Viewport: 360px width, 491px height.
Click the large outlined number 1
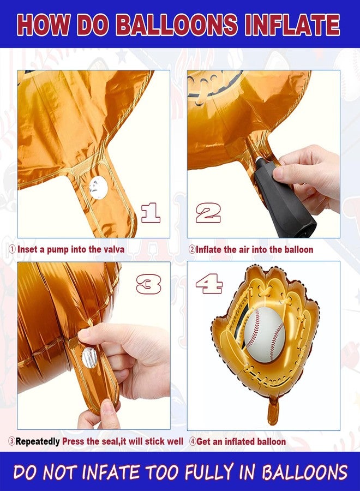pyautogui.click(x=151, y=213)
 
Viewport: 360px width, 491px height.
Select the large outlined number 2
pyautogui.click(x=208, y=213)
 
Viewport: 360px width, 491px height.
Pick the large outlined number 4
pyautogui.click(x=209, y=283)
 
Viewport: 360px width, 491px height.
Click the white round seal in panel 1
pyautogui.click(x=98, y=188)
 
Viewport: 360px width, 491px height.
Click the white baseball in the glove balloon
pyautogui.click(x=265, y=334)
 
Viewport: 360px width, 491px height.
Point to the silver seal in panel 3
pyautogui.click(x=89, y=357)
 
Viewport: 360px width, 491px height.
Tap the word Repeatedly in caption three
pyautogui.click(x=38, y=442)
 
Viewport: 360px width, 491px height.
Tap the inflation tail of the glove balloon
pyautogui.click(x=273, y=410)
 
